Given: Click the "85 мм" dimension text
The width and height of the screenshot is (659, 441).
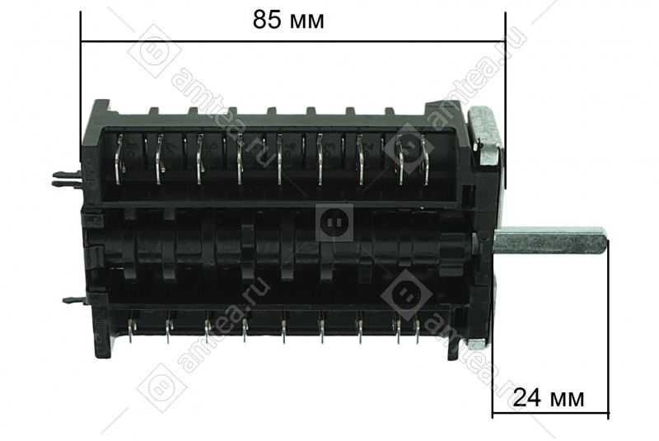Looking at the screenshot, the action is (288, 20).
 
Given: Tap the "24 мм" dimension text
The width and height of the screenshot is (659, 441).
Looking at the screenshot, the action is (549, 397).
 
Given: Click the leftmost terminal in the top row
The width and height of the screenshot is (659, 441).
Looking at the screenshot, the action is (119, 159).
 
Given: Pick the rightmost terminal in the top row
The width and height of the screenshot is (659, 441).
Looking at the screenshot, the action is (427, 159).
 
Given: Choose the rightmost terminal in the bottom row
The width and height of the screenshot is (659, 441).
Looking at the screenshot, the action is (418, 331).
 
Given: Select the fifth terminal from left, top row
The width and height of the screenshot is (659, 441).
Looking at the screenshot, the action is (280, 159).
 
